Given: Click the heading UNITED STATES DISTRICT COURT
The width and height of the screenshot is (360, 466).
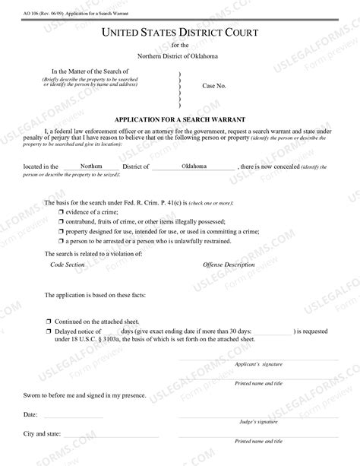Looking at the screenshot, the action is pyautogui.click(x=180, y=33).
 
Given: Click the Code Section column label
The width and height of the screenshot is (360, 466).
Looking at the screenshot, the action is pyautogui.click(x=67, y=265).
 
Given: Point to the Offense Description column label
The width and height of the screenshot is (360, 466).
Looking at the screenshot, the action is pyautogui.click(x=229, y=265).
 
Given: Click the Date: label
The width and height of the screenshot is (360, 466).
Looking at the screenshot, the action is pyautogui.click(x=30, y=415).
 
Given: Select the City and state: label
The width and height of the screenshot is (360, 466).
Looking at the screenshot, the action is pyautogui.click(x=43, y=433).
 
